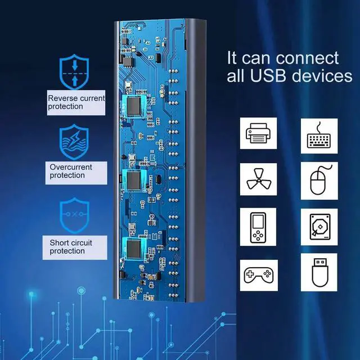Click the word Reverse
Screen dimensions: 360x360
coord(62,98)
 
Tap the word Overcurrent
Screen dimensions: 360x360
coord(71,167)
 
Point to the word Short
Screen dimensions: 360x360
coord(58,242)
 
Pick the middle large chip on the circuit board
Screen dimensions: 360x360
coord(134,179)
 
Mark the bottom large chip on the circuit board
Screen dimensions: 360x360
coord(134,248)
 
